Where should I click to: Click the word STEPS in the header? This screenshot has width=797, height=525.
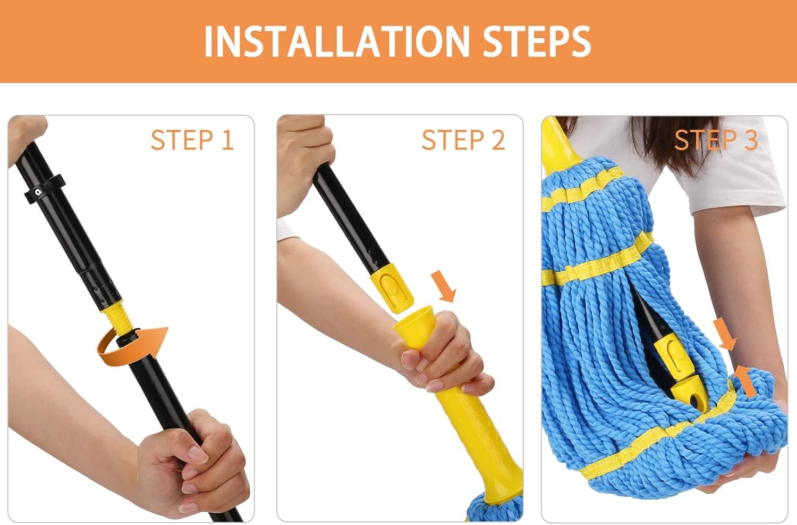(x=537, y=41)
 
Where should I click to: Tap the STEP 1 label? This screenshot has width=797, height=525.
(x=192, y=140)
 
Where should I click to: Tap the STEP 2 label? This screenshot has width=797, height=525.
(x=463, y=140)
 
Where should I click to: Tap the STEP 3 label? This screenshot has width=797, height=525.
(x=716, y=140)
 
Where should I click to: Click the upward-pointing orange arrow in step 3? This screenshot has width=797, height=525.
(x=746, y=380)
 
